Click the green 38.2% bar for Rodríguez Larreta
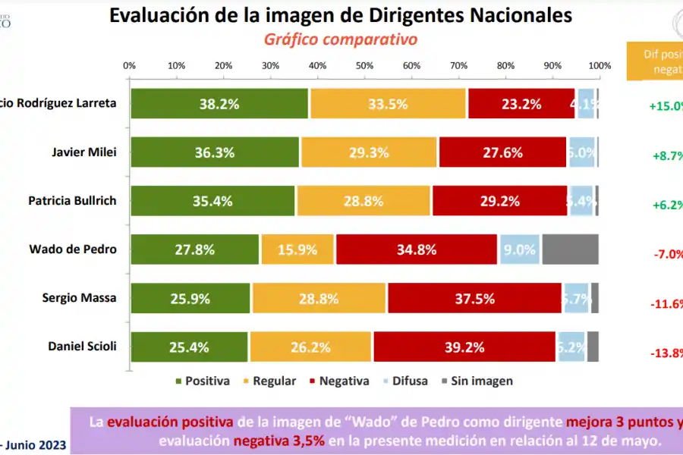click(219, 104)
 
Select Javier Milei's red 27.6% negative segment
click(502, 152)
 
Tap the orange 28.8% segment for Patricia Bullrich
click(364, 201)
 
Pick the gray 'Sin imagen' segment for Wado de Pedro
click(570, 249)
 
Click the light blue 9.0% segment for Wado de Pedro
click(519, 249)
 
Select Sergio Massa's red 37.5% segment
click(474, 298)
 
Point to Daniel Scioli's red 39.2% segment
click(464, 347)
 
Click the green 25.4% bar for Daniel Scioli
click(188, 347)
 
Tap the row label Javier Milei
click(84, 152)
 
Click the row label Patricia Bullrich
click(72, 200)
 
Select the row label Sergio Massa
click(79, 297)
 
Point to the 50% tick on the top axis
click(364, 65)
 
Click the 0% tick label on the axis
click(129, 65)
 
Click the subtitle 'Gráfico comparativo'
click(341, 39)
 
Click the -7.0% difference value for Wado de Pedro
click(668, 255)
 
